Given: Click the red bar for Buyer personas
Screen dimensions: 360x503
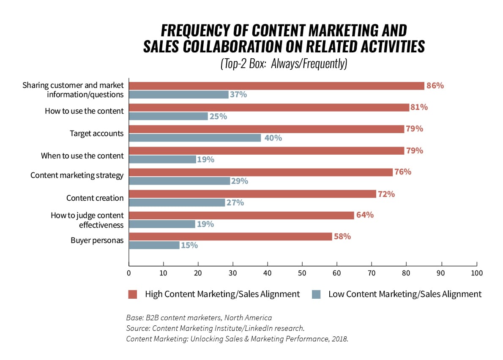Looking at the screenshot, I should pyautogui.click(x=230, y=237).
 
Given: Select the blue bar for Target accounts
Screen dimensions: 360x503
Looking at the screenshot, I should pyautogui.click(x=195, y=138).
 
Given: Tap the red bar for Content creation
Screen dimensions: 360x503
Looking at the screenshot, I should pyautogui.click(x=252, y=194).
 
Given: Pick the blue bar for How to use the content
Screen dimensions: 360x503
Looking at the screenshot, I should pyautogui.click(x=168, y=116).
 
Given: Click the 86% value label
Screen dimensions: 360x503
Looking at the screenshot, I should pyautogui.click(x=435, y=86).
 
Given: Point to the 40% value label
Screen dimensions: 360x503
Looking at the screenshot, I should pyautogui.click(x=273, y=138).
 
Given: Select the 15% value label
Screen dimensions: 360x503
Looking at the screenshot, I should pyautogui.click(x=189, y=245).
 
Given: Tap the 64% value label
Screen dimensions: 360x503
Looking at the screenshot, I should pyautogui.click(x=365, y=215).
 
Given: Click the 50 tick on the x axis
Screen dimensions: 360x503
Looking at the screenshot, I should pyautogui.click(x=302, y=273).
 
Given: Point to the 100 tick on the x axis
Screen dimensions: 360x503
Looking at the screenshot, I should pyautogui.click(x=476, y=273).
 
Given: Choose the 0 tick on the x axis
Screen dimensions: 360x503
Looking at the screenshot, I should pyautogui.click(x=128, y=273).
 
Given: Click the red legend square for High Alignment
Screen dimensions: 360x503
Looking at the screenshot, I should pyautogui.click(x=133, y=295).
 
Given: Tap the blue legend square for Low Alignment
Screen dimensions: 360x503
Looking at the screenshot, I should pyautogui.click(x=316, y=295).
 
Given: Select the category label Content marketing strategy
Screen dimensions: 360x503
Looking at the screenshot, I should pyautogui.click(x=77, y=175).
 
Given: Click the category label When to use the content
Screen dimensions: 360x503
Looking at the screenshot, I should pyautogui.click(x=82, y=155).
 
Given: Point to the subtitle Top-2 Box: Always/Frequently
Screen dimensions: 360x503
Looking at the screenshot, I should pyautogui.click(x=284, y=63).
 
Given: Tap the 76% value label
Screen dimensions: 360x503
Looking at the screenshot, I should pyautogui.click(x=402, y=172).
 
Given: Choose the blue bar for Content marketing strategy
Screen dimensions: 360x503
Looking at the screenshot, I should pyautogui.click(x=179, y=181).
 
